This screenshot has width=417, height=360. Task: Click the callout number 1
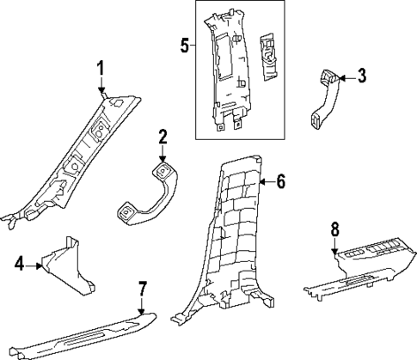coord(101,69)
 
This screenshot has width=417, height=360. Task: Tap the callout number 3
coord(362,76)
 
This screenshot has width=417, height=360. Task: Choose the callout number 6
coord(279,182)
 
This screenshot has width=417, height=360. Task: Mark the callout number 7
coord(143,288)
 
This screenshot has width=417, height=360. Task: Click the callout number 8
coord(334,228)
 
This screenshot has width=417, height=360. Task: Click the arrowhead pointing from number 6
coord(261,182)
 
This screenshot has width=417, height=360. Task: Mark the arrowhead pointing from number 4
coord(40,266)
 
